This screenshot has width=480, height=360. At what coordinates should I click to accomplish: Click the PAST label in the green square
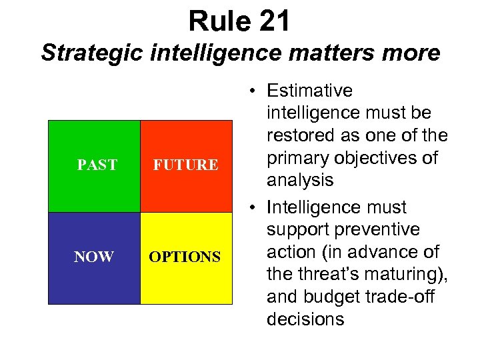point(97,165)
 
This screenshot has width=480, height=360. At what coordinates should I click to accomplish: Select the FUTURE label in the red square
point(185,165)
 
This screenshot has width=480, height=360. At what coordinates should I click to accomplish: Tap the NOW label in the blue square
point(94,257)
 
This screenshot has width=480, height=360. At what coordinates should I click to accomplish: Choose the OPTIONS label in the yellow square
point(185,257)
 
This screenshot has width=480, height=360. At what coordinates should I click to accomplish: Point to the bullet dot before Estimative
point(247,91)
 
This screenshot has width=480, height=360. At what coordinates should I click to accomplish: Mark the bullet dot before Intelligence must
point(247,207)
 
